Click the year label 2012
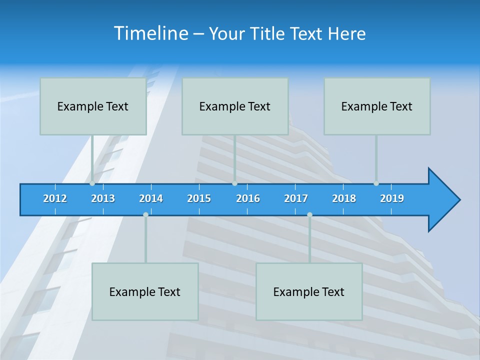coord(55,198)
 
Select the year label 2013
coord(103,198)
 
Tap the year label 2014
coord(151,198)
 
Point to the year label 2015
coord(199,198)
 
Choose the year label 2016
coord(248,198)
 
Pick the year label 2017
coord(296,198)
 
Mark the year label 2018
coord(344,198)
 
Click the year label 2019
coord(392,198)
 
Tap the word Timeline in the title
coord(150,33)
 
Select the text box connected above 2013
coord(93,106)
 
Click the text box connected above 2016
coord(235,106)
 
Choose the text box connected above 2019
coord(377,106)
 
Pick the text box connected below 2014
coord(145,291)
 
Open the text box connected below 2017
coord(309,291)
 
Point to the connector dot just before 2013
coord(92,183)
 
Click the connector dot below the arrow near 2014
coord(145,214)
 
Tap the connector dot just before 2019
coord(376,183)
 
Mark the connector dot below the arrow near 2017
coord(309,214)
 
